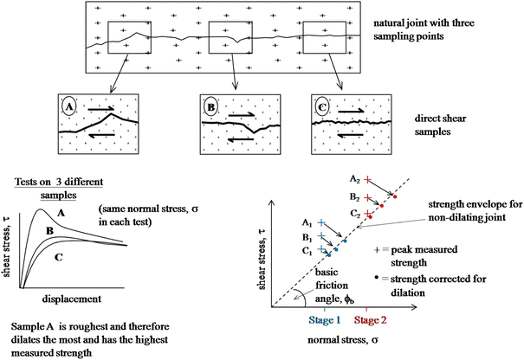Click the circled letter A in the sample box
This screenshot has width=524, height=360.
(x=68, y=109)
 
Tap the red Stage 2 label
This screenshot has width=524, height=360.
(x=369, y=318)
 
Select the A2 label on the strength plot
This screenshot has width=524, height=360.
(x=356, y=178)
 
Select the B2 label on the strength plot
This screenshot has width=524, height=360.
(x=356, y=196)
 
